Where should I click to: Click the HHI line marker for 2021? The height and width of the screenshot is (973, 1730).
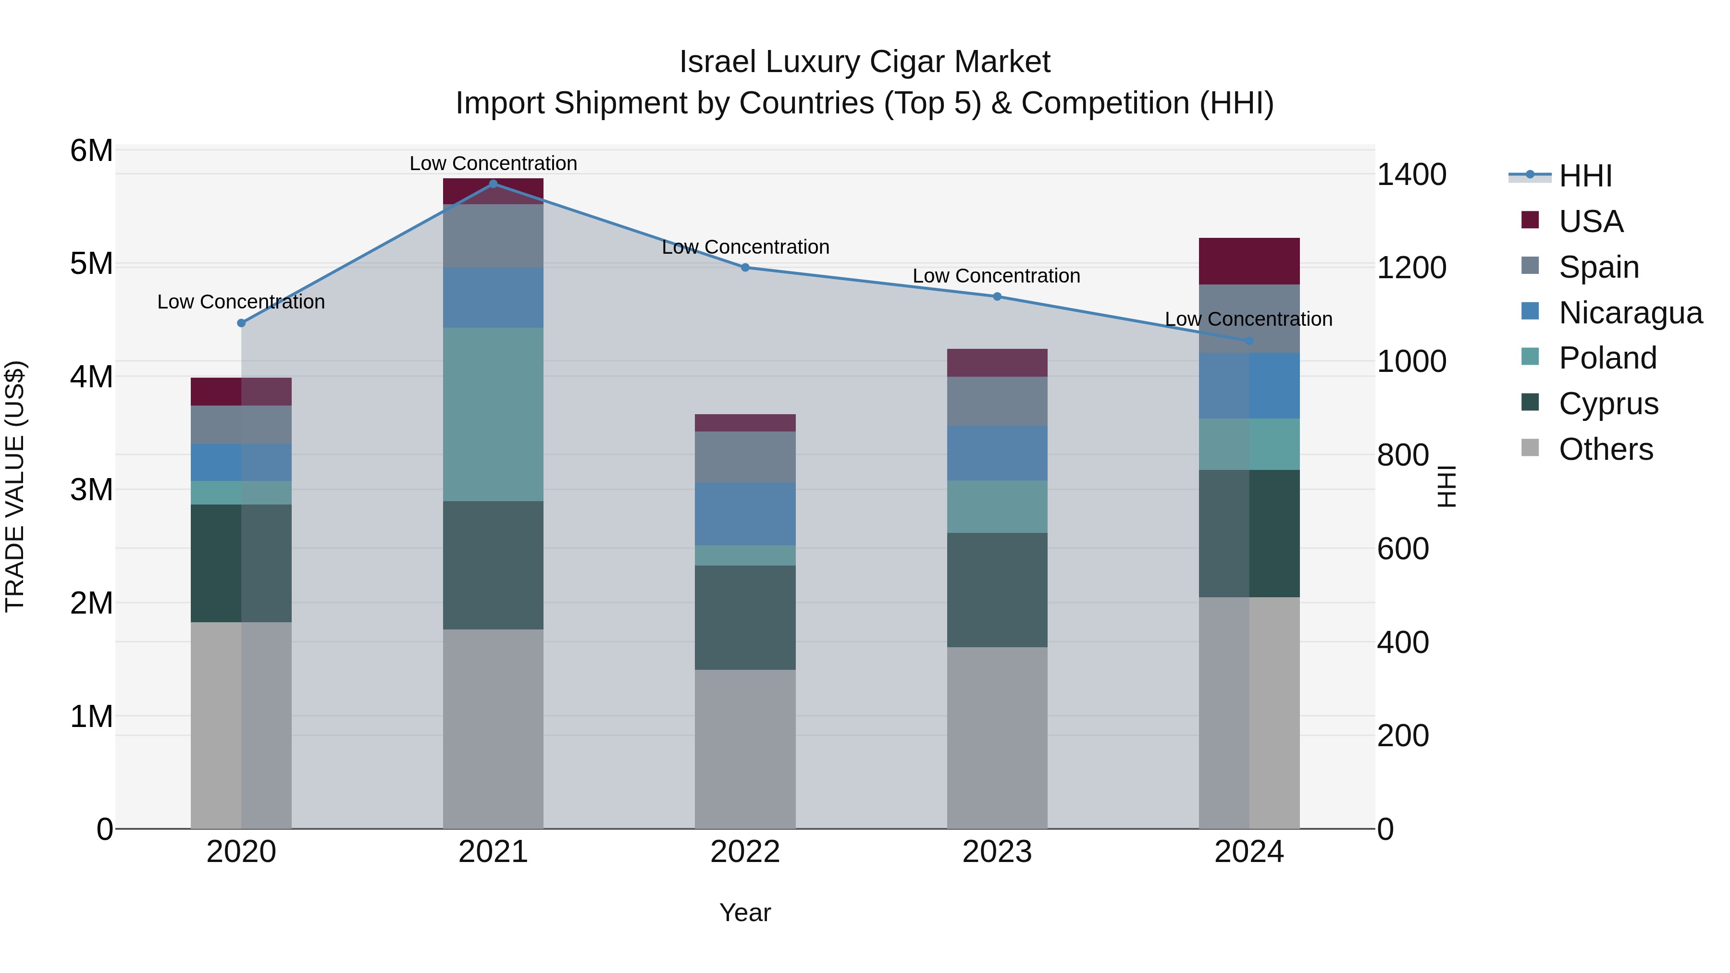[493, 184]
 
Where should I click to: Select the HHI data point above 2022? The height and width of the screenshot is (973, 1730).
[745, 267]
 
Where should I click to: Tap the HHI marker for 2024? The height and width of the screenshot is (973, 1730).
[1249, 341]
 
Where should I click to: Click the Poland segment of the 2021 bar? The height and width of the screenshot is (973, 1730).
[493, 414]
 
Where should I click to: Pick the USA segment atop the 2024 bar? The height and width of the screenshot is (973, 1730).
[1249, 261]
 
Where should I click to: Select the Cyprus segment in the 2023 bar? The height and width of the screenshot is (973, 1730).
[997, 590]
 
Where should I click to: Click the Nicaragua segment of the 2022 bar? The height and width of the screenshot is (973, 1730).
[745, 514]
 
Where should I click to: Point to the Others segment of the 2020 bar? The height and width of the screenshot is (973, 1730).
[241, 725]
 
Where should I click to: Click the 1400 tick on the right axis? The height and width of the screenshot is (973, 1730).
[1411, 174]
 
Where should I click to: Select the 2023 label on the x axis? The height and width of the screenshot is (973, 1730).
[997, 852]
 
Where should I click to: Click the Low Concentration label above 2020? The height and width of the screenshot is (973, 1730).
[241, 302]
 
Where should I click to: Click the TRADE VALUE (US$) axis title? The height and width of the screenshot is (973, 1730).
[15, 486]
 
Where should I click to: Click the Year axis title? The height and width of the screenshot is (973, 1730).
[745, 912]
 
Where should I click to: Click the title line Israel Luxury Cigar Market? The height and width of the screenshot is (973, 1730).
[865, 62]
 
